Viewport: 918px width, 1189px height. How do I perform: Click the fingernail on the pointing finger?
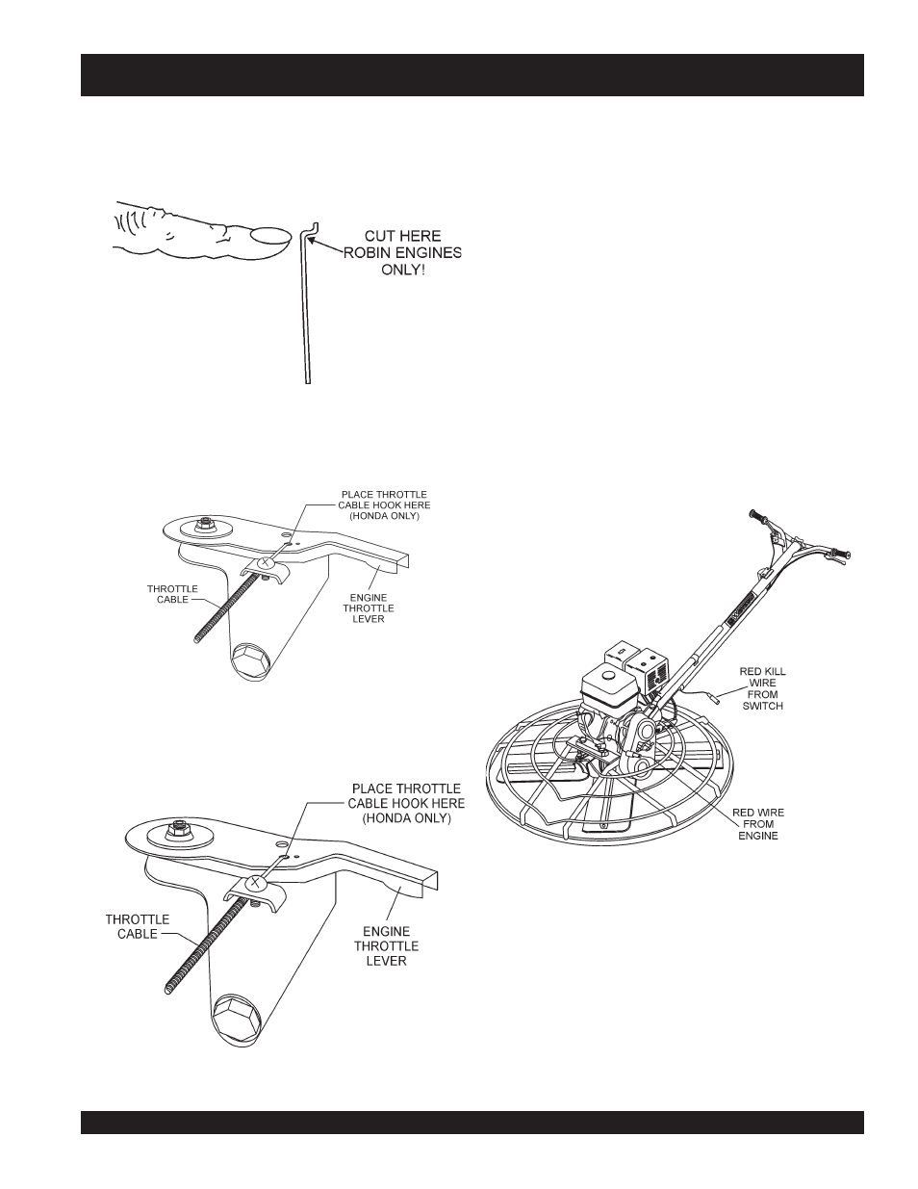point(269,236)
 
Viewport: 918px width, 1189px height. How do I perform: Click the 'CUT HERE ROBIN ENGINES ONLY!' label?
point(403,253)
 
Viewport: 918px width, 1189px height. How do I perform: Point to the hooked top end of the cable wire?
point(312,229)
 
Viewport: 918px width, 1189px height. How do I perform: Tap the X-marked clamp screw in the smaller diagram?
point(265,561)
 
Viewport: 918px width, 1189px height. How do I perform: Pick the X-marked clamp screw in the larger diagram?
point(255,882)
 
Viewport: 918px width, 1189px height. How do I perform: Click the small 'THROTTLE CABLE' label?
point(172,594)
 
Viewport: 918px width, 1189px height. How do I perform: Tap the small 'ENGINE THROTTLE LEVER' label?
point(368,607)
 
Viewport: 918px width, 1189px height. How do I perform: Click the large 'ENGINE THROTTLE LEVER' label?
point(386,946)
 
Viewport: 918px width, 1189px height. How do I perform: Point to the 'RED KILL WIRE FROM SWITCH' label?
point(762,688)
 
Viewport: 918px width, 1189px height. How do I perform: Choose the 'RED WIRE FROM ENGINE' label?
point(758,824)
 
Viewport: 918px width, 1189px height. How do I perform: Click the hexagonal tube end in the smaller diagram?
point(251,661)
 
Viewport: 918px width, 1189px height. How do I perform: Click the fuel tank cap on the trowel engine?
point(607,675)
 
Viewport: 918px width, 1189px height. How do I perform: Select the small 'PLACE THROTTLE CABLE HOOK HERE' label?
point(384,505)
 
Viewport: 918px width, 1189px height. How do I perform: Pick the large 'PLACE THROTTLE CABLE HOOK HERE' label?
point(406,803)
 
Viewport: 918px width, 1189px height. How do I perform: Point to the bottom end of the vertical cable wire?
point(307,381)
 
